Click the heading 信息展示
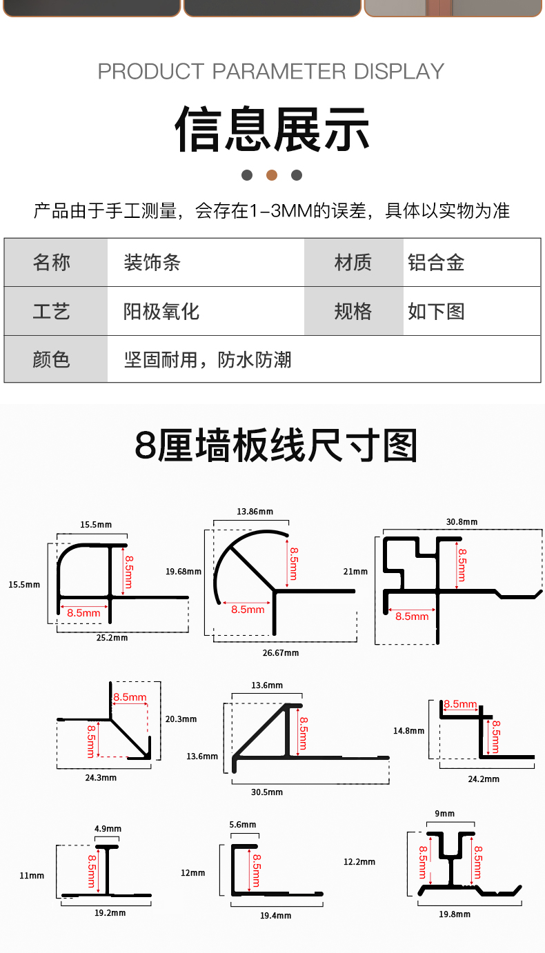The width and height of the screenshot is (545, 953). tap(272, 129)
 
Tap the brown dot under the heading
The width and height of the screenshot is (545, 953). tap(272, 175)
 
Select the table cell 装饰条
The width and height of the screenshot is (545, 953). tap(152, 263)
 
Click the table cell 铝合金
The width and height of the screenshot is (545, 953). tap(436, 263)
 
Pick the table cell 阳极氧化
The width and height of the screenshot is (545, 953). tap(161, 312)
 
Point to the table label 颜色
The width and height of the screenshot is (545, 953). tap(52, 359)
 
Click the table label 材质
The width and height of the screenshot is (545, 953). tap(353, 263)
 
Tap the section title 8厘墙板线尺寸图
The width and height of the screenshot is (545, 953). tap(276, 445)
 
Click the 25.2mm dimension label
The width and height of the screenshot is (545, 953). tap(112, 638)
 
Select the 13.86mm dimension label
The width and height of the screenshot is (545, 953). tap(255, 512)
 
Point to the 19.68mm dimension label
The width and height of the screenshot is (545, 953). tap(184, 571)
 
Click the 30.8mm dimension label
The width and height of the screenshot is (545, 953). tap(462, 522)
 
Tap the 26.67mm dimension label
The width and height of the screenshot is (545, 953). tap(281, 652)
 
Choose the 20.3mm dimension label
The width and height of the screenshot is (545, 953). tap(181, 719)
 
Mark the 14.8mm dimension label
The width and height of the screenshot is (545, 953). tap(408, 731)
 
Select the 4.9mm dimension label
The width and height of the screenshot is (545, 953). tap(108, 829)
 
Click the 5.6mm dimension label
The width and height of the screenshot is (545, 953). tap(242, 825)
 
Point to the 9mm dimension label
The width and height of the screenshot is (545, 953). tap(445, 814)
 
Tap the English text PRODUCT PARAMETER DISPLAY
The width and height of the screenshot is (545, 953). tap(271, 71)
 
